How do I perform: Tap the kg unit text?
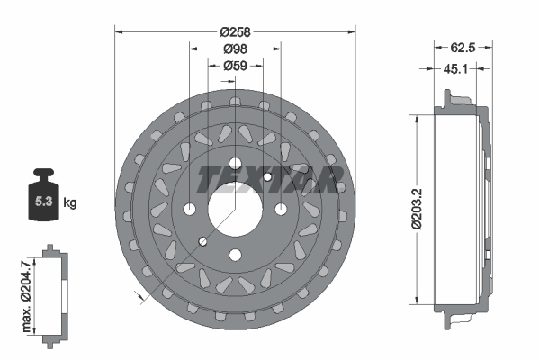(70, 203)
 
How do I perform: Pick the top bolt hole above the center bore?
(235, 164)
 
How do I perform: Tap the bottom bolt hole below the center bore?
(235, 254)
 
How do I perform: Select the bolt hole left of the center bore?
(190, 209)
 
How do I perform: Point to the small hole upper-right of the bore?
(266, 177)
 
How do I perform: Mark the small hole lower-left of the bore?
(203, 241)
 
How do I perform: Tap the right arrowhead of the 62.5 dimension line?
(491, 48)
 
